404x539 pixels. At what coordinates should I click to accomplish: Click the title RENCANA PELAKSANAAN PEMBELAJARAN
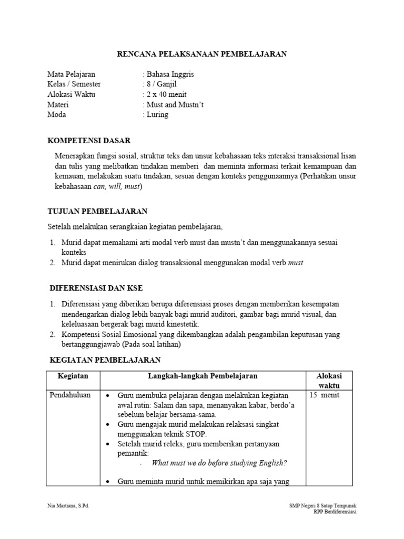201,54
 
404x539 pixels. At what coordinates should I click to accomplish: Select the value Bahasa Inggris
170,74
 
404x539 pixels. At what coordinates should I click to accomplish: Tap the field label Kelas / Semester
74,84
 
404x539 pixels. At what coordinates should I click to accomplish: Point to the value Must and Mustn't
174,104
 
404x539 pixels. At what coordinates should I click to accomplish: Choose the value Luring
157,114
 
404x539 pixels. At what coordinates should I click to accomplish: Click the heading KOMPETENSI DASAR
89,141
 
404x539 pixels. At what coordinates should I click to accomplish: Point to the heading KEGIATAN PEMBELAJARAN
105,360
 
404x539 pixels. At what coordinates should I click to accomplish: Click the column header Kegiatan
73,376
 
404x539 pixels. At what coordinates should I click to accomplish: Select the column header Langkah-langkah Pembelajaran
203,376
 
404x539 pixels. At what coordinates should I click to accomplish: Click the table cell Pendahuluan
70,395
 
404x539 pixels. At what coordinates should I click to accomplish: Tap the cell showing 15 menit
324,395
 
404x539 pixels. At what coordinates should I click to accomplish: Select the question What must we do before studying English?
219,463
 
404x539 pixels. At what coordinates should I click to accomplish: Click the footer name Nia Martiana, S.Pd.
68,505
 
